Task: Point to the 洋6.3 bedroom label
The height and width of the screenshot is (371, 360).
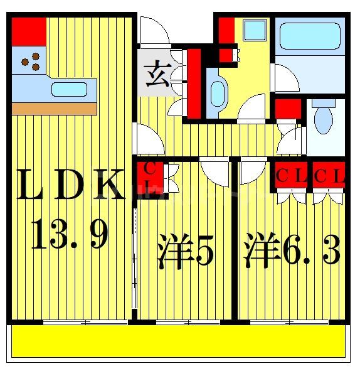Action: [x=292, y=251]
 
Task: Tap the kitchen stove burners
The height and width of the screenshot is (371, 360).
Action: [x=30, y=63]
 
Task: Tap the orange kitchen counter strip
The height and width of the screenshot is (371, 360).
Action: [x=55, y=109]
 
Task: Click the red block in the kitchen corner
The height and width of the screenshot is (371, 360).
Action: [x=28, y=31]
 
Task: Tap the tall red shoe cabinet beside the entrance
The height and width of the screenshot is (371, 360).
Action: [x=194, y=83]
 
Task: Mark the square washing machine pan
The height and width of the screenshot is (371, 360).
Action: [x=254, y=30]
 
